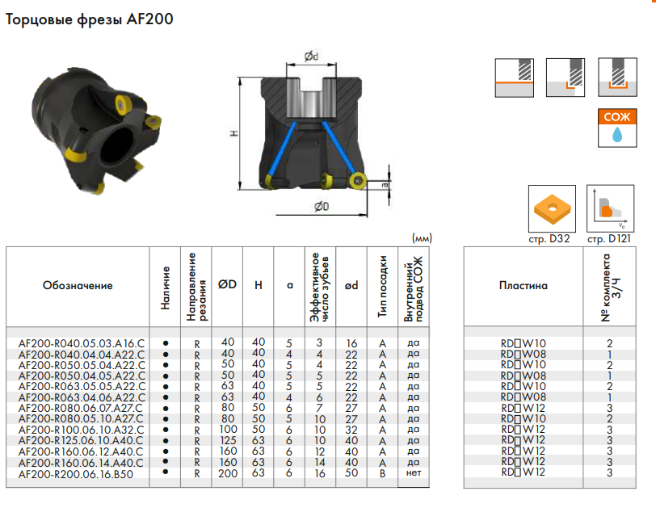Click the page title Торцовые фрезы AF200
(89, 19)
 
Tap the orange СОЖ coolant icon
(617, 128)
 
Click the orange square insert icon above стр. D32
(552, 208)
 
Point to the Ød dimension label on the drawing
(311, 56)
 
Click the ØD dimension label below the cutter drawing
(322, 206)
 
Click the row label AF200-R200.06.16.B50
(76, 474)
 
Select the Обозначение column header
(78, 286)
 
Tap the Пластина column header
(524, 286)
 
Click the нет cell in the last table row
(414, 473)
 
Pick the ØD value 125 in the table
(228, 440)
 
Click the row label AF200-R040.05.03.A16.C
(81, 344)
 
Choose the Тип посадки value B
(382, 474)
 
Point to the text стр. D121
(608, 239)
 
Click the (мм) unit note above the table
(422, 238)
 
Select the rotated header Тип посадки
(382, 287)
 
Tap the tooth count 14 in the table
(320, 463)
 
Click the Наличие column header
(166, 288)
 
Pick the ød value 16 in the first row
(351, 344)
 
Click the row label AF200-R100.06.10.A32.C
(81, 430)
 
